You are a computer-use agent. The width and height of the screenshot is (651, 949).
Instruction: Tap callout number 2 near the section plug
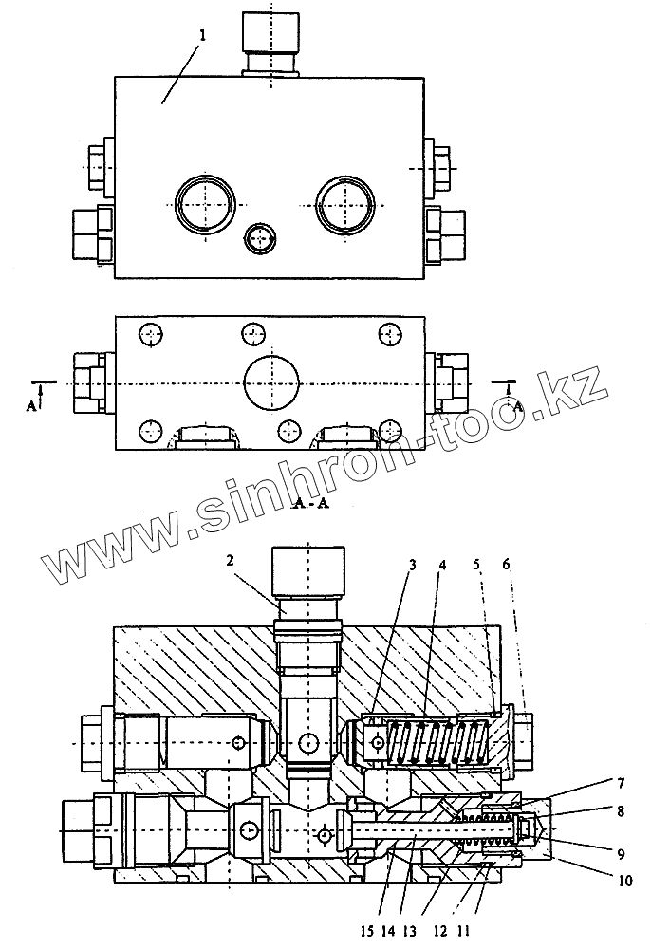(x=230, y=561)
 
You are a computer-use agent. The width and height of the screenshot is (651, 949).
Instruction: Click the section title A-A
(x=311, y=503)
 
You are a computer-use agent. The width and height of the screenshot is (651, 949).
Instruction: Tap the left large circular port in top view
(x=203, y=202)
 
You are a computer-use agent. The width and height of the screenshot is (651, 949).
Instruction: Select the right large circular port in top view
(x=344, y=202)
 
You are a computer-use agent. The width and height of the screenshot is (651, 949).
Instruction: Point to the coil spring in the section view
(x=437, y=741)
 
